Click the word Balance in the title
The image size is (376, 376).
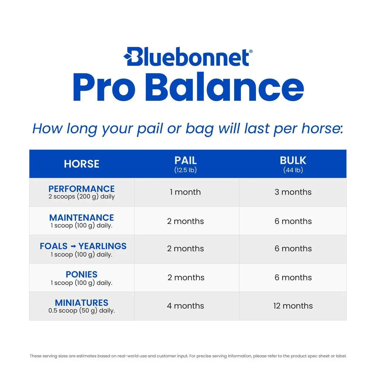click(x=224, y=87)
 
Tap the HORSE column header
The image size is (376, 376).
click(x=82, y=164)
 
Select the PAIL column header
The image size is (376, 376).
click(x=185, y=160)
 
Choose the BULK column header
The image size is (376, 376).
click(x=293, y=160)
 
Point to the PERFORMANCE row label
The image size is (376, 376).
click(x=82, y=189)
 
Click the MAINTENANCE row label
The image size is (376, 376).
click(x=82, y=217)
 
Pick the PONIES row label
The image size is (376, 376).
click(x=82, y=274)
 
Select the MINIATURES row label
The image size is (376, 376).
click(x=82, y=303)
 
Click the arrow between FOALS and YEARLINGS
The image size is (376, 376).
click(x=73, y=246)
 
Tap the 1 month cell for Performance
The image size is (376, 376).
click(x=185, y=192)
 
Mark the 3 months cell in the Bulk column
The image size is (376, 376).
click(x=293, y=192)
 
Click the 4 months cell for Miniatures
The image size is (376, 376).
click(x=185, y=306)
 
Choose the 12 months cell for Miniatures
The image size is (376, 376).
click(x=293, y=306)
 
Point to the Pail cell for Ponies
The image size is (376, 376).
click(x=186, y=277)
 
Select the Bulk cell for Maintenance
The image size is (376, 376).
click(x=293, y=221)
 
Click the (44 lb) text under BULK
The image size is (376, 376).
click(x=293, y=170)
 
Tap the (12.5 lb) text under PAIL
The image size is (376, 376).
click(x=185, y=170)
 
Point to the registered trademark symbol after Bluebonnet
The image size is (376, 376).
click(x=251, y=51)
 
